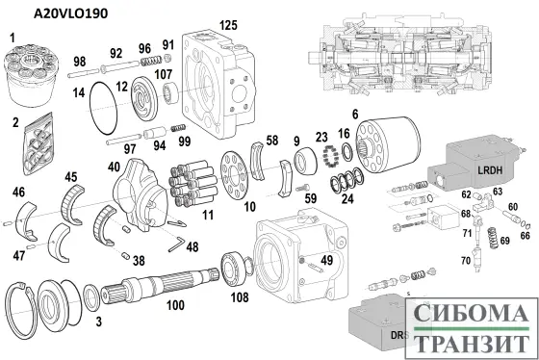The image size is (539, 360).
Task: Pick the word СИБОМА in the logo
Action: (472, 314)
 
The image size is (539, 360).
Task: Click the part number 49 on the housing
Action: (327, 259)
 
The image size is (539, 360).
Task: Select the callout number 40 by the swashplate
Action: (115, 167)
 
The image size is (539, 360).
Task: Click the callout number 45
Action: (71, 176)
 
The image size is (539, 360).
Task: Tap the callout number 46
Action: (18, 193)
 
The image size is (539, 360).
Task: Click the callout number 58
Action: (272, 141)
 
